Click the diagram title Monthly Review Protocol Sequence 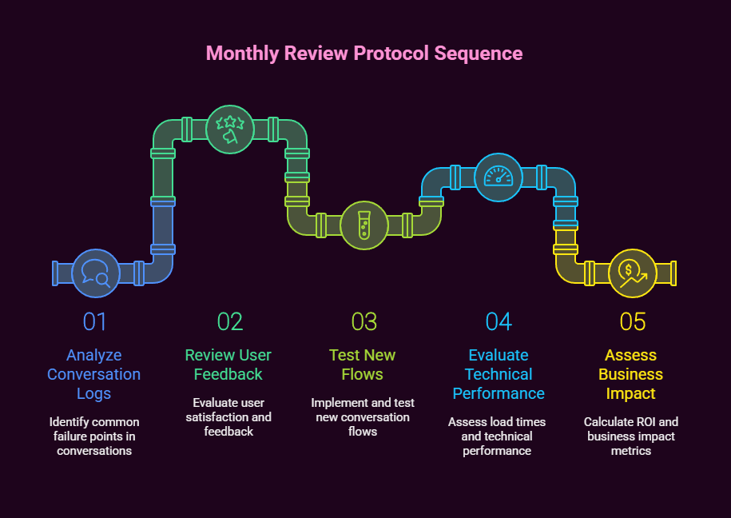point(364,54)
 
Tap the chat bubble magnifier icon point(96,273)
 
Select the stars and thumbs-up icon point(230,129)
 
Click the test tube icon point(364,225)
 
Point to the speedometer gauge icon point(499,177)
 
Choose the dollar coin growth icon point(633,273)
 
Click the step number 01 point(95,321)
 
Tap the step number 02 point(230,321)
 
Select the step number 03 point(364,321)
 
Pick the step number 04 point(499,321)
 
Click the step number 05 point(633,321)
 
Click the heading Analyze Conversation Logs point(94,374)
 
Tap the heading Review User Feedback point(228,365)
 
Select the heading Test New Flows point(363,365)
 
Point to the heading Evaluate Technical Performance point(499,374)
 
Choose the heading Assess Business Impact point(631,374)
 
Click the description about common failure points point(94,436)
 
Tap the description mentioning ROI point(631,436)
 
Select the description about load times point(497,436)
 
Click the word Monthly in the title point(237,54)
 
